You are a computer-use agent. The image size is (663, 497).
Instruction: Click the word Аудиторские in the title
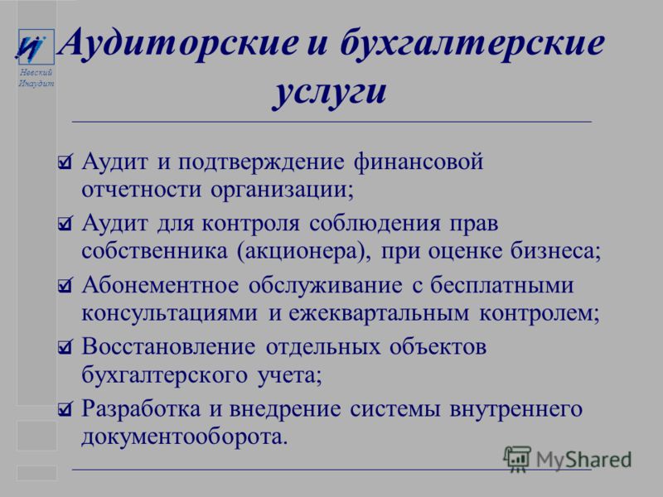tap(178, 43)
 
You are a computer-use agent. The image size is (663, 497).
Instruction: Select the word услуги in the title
tap(329, 92)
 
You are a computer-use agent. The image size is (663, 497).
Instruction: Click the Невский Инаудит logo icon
tap(36, 46)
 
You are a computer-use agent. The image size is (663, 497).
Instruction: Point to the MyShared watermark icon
tap(517, 458)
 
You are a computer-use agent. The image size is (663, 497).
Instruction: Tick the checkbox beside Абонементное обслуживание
tap(65, 286)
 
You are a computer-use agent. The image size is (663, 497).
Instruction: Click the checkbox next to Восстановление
tap(65, 347)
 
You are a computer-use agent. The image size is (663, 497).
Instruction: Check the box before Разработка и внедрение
tap(65, 408)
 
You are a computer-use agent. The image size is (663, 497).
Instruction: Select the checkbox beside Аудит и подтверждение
tap(65, 162)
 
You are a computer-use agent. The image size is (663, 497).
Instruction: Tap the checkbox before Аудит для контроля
tap(65, 224)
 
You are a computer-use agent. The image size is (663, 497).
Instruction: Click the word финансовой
tap(419, 162)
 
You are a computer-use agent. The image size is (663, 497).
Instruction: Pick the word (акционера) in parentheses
tap(301, 252)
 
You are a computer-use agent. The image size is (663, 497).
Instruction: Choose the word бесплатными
tap(502, 285)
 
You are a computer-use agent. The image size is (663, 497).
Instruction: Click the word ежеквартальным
tap(379, 314)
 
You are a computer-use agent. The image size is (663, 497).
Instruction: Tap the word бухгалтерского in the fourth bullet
tap(164, 375)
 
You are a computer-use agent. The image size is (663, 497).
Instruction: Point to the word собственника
tap(154, 251)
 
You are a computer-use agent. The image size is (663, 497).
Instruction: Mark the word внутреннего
tap(516, 409)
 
